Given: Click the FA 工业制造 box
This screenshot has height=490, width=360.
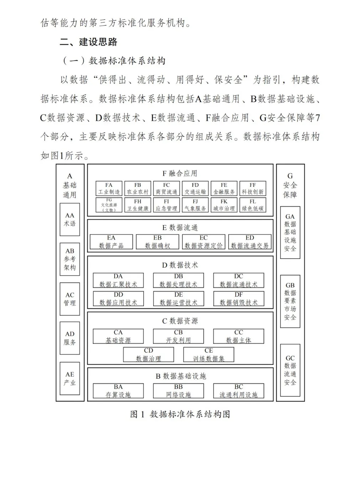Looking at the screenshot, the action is pyautogui.click(x=109, y=188).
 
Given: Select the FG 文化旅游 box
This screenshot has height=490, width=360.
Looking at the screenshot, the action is pyautogui.click(x=109, y=205).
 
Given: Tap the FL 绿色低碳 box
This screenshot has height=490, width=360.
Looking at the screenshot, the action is pyautogui.click(x=253, y=205).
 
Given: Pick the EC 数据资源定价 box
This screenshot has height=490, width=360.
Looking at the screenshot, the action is pyautogui.click(x=204, y=242).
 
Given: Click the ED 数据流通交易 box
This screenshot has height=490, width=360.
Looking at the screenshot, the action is pyautogui.click(x=250, y=242).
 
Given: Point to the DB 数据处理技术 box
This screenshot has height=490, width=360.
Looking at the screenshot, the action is pyautogui.click(x=178, y=280).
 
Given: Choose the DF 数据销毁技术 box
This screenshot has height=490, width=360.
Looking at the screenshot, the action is pyautogui.click(x=239, y=298).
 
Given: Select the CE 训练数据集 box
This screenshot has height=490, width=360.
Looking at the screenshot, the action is pyautogui.click(x=209, y=354).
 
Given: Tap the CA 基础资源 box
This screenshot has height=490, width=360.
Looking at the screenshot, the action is pyautogui.click(x=118, y=336).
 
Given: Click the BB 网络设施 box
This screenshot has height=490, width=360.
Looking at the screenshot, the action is pyautogui.click(x=178, y=391).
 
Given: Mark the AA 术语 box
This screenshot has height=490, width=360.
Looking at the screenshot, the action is pyautogui.click(x=70, y=220).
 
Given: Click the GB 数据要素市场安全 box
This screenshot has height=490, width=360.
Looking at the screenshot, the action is pyautogui.click(x=290, y=301).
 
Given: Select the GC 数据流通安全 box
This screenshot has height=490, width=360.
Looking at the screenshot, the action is pyautogui.click(x=290, y=370).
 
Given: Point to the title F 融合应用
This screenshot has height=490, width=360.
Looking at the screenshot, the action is pyautogui.click(x=180, y=173).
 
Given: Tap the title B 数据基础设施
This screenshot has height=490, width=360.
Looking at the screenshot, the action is pyautogui.click(x=181, y=376).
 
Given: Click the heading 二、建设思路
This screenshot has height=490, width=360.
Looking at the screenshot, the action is pyautogui.click(x=89, y=42).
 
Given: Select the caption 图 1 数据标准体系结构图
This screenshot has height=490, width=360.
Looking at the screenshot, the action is pyautogui.click(x=180, y=414).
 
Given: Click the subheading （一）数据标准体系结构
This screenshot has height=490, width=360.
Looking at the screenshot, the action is pyautogui.click(x=114, y=61).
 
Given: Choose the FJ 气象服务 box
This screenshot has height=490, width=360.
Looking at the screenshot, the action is pyautogui.click(x=195, y=205).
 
